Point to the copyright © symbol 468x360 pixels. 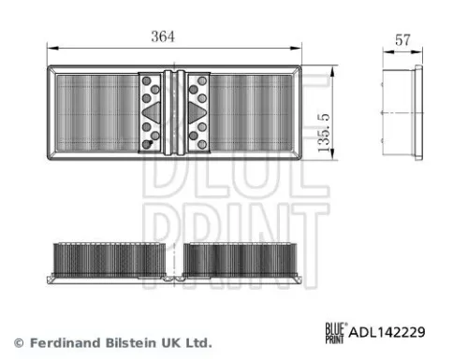[x=18, y=342]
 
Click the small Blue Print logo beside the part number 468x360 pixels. [x=334, y=330]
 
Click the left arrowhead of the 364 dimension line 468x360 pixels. [x=51, y=47]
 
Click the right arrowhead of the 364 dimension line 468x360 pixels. [x=298, y=47]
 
